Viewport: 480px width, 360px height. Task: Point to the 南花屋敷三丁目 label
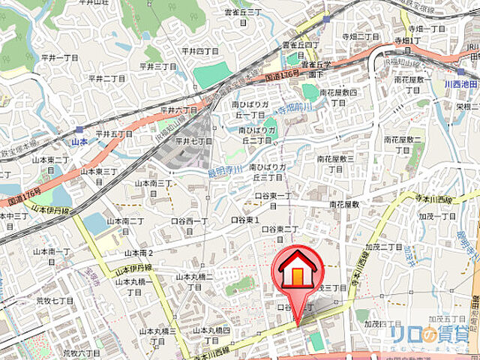coord(335,163)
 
